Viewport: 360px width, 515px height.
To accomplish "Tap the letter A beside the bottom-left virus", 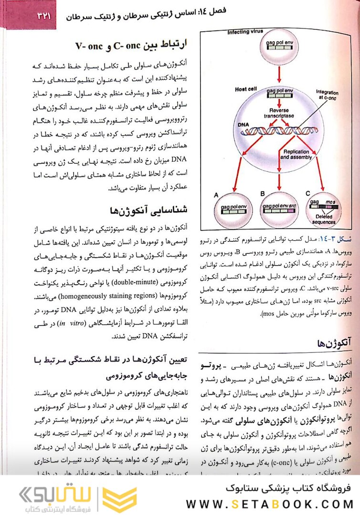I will [216, 195].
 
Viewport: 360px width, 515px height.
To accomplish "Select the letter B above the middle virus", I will [262, 193].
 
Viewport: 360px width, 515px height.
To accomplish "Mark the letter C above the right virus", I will [308, 193].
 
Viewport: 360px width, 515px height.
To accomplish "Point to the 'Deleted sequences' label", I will [325, 220].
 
